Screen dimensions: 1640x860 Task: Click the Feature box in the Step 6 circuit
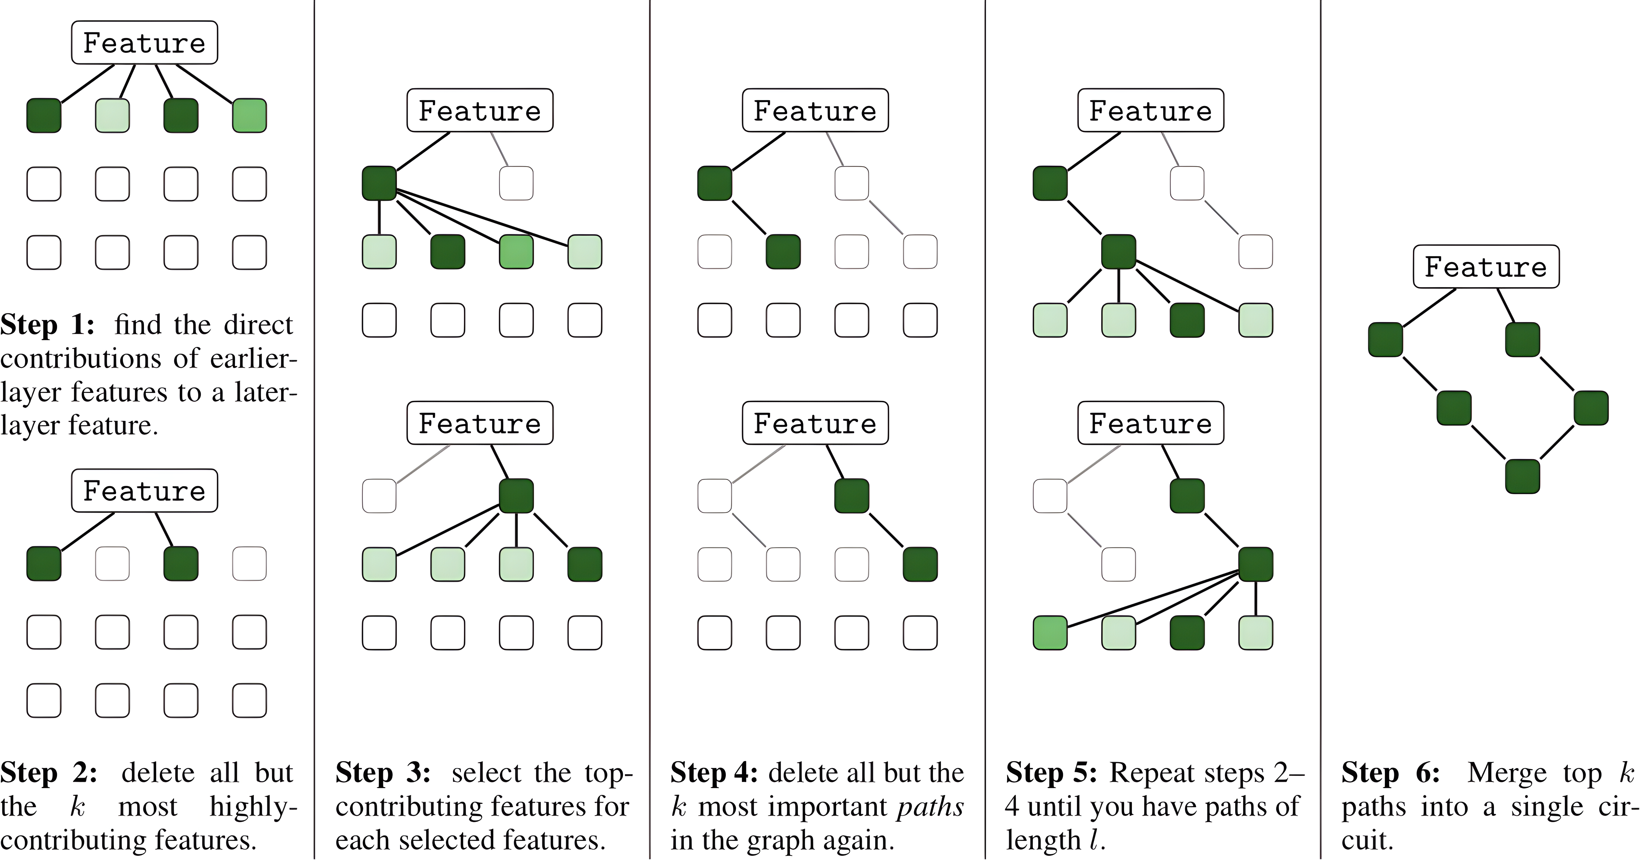click(1486, 267)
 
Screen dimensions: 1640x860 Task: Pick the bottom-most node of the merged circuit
click(1522, 476)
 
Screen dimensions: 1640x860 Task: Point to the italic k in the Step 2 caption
click(78, 807)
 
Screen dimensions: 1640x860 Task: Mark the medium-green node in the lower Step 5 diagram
click(1050, 633)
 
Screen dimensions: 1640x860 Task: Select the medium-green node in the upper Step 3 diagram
click(516, 252)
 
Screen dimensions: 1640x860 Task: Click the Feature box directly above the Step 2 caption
click(144, 490)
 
